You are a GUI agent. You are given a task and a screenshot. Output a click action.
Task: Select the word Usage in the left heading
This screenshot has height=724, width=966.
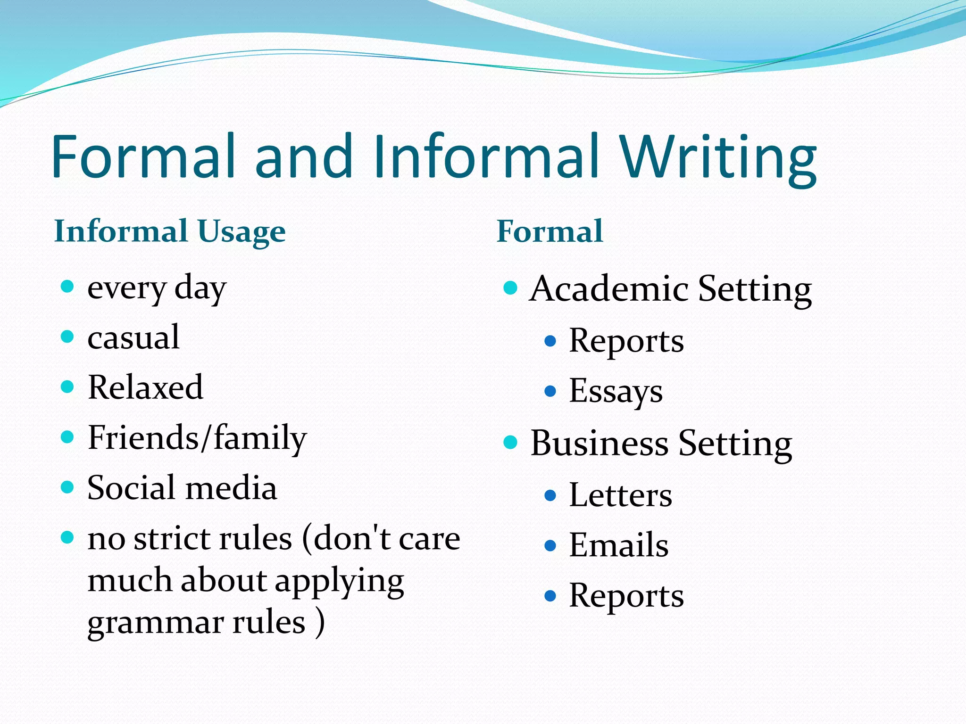point(241,231)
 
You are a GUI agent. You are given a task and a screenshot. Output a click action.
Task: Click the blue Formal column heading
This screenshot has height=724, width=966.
point(550,231)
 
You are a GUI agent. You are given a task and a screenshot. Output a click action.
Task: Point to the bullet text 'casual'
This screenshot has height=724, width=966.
point(133,337)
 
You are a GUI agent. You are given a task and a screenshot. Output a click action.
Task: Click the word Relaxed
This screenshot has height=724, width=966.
point(145,387)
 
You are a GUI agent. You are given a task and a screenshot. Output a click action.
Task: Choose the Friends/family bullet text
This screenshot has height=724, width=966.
point(197,438)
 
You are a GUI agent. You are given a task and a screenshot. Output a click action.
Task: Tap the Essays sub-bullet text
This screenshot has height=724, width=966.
point(616,391)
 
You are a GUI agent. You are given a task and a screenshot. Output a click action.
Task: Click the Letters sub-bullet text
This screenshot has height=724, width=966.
point(620,495)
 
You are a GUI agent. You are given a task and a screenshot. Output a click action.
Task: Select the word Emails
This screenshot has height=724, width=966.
point(618,545)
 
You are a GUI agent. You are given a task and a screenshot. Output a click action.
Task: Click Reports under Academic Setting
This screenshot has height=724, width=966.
point(626,341)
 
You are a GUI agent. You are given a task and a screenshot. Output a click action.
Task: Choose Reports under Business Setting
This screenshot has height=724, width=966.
point(626,596)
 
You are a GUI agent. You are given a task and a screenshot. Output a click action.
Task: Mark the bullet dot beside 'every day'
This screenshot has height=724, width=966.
point(68,286)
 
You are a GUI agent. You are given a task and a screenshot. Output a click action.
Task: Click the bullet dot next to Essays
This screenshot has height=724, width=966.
point(550,391)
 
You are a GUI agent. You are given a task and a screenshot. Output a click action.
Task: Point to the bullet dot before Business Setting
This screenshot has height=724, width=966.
point(510,442)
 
